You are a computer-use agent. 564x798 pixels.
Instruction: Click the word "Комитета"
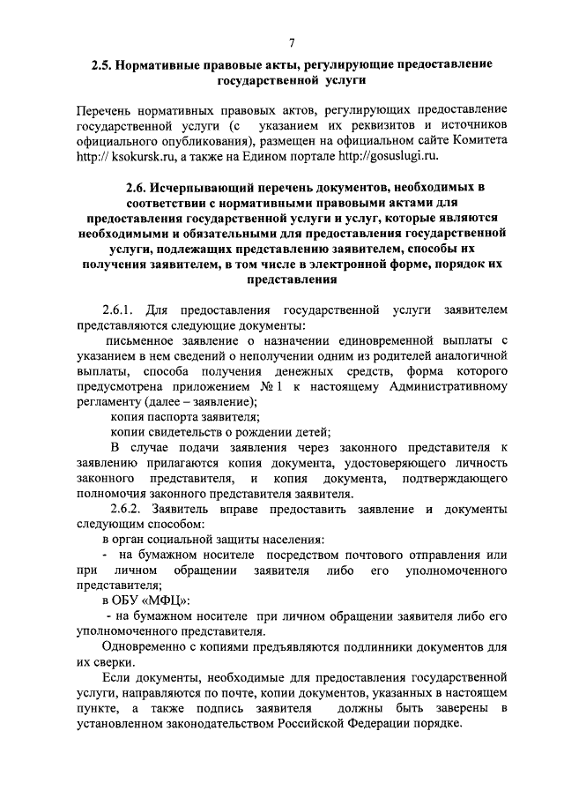click(475, 140)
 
